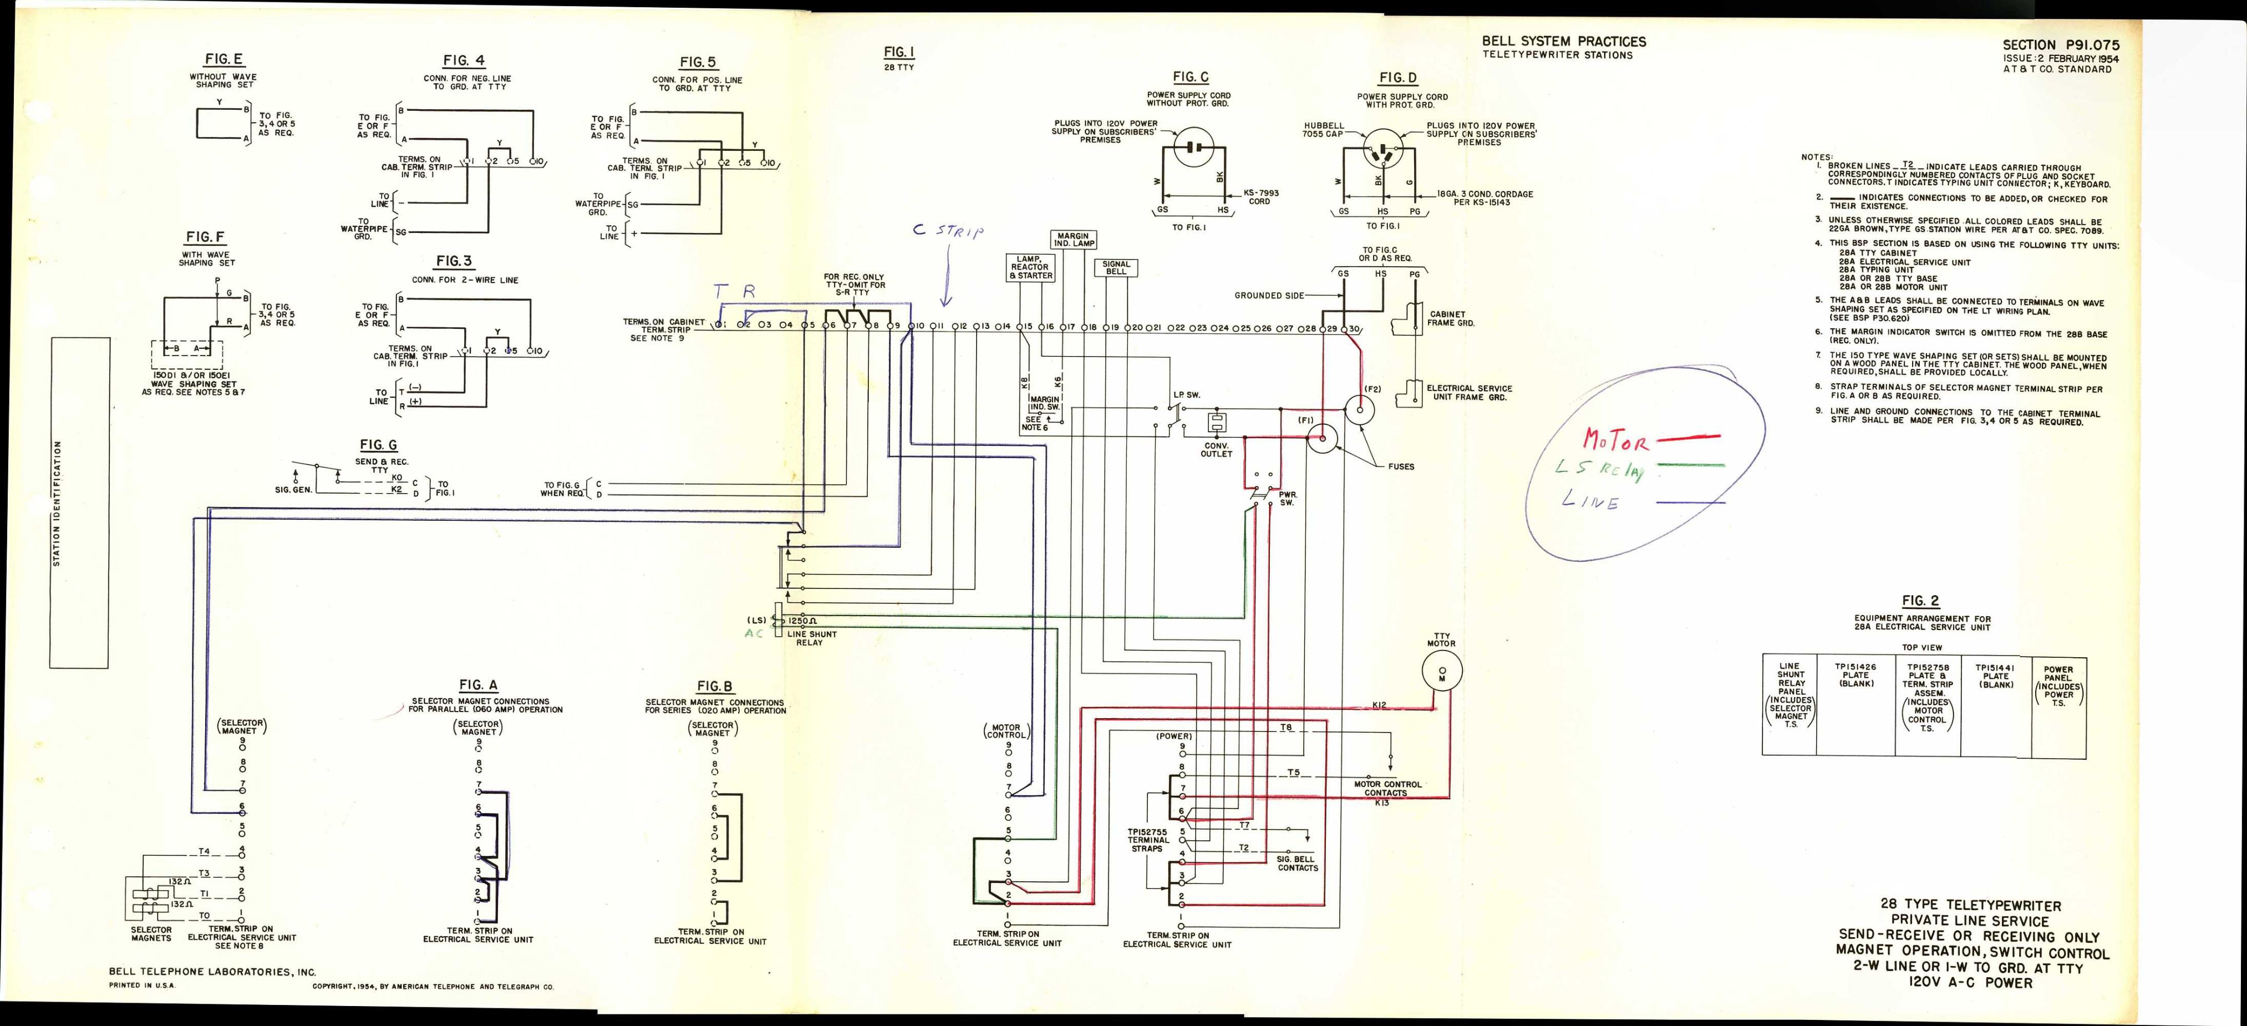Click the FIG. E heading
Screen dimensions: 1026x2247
(224, 59)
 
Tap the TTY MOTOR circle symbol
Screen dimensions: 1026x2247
(1441, 671)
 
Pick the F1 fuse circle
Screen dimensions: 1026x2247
(1323, 439)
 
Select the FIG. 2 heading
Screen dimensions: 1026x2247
(1921, 601)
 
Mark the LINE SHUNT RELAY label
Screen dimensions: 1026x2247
(811, 639)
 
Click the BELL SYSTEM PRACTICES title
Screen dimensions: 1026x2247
(1564, 41)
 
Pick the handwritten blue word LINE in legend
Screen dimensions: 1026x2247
(1590, 501)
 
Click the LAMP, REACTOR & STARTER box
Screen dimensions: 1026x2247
(1030, 267)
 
